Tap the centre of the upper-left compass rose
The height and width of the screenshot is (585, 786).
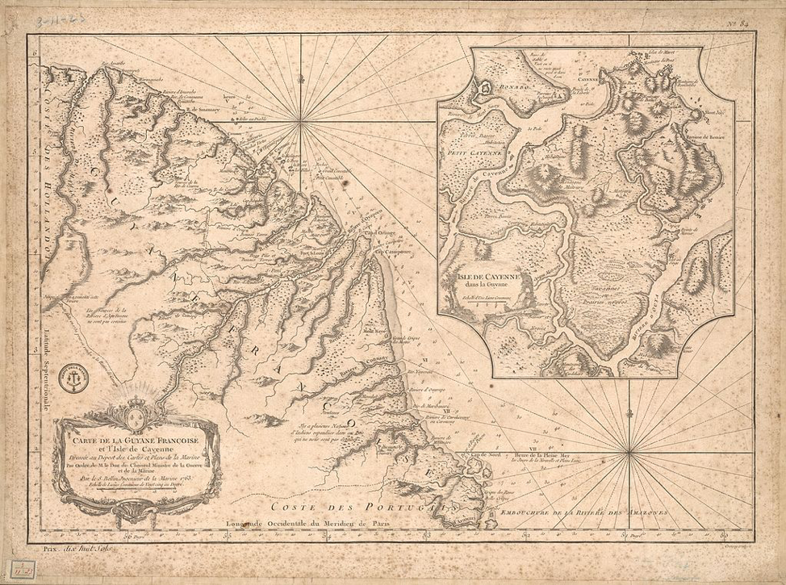click(x=303, y=122)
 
